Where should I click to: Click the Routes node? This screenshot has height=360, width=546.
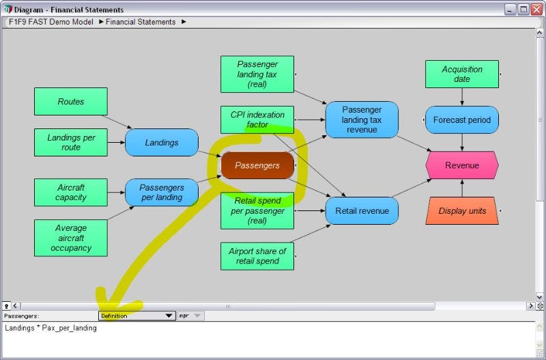[x=71, y=101]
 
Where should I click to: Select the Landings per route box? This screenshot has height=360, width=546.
[x=71, y=142]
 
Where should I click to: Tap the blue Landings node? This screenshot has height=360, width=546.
[x=162, y=142]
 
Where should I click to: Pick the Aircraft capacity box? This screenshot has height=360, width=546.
[x=71, y=193]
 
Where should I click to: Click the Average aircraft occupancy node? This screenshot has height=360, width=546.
[x=71, y=238]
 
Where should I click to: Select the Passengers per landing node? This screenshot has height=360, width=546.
[x=162, y=193]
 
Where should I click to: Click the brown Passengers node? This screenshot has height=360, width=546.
[x=257, y=165]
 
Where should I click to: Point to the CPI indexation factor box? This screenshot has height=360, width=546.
[x=257, y=120]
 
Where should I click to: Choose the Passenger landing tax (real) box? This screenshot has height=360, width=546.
[x=257, y=74]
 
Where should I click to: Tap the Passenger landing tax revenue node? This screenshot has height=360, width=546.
[x=362, y=120]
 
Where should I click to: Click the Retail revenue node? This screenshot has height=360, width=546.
[x=362, y=210]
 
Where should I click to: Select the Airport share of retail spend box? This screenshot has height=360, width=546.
[x=257, y=256]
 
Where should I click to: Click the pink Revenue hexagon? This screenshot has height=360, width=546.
[x=462, y=165]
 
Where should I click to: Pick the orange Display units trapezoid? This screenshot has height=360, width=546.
[x=462, y=210]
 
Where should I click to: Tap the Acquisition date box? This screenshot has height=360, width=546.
[x=462, y=74]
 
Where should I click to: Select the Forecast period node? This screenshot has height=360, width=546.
[x=462, y=120]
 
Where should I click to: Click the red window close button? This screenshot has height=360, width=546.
[x=536, y=10]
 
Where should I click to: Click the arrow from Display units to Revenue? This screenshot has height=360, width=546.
[x=462, y=188]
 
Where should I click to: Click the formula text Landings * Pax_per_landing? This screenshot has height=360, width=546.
[x=51, y=328]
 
